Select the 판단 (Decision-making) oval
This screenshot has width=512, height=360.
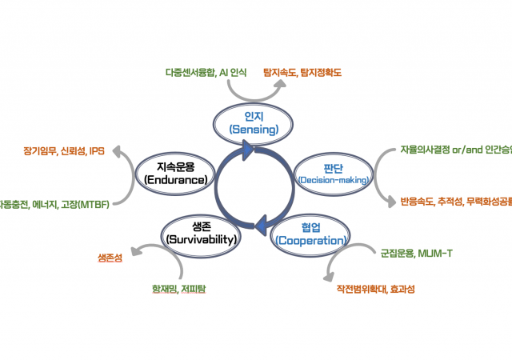coord(333,174)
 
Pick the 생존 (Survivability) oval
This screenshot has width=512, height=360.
coord(200,232)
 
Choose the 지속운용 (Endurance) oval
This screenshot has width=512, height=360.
coord(176,174)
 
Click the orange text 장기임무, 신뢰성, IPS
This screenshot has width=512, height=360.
coord(64,150)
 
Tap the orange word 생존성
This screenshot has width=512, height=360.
coord(110,257)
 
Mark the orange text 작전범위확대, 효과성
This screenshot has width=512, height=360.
coord(375,289)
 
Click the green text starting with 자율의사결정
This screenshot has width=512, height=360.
coord(456,150)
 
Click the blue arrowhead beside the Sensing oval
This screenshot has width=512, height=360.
coord(248,148)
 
